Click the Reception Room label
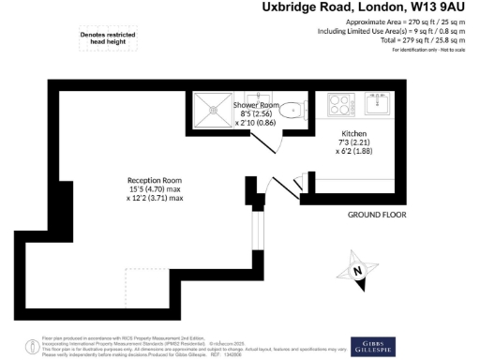point(155,180)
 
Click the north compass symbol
point(358,271)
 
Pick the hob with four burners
point(338,103)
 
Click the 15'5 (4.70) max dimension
point(156,189)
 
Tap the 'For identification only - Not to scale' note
point(410,50)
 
